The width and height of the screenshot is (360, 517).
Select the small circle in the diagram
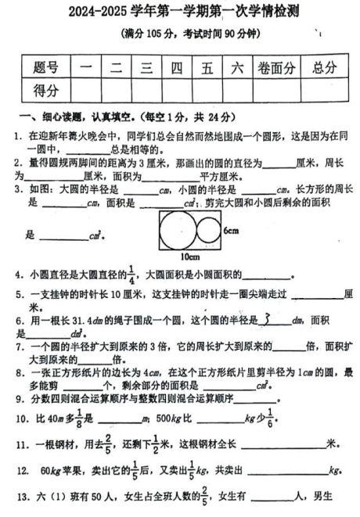[208, 231]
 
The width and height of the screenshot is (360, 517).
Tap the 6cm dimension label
[231, 231]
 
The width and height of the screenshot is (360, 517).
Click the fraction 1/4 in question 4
[132, 275]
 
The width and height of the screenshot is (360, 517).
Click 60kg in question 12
[49, 471]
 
